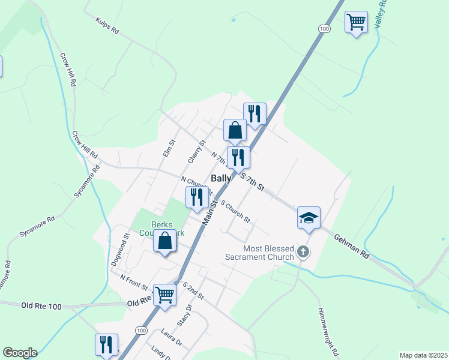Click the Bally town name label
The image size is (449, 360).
[x=221, y=178]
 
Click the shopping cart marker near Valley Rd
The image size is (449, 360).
[x=357, y=22]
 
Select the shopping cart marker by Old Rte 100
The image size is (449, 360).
[x=164, y=295]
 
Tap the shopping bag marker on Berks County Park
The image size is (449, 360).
[x=164, y=241]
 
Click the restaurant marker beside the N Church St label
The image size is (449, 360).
[x=197, y=197]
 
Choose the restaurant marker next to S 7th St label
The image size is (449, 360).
[x=238, y=157]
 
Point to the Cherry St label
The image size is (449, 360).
[x=196, y=151]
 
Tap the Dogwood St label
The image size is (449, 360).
[x=125, y=245]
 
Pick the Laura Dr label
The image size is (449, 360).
[x=171, y=337]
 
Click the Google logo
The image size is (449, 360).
[x=20, y=353]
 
